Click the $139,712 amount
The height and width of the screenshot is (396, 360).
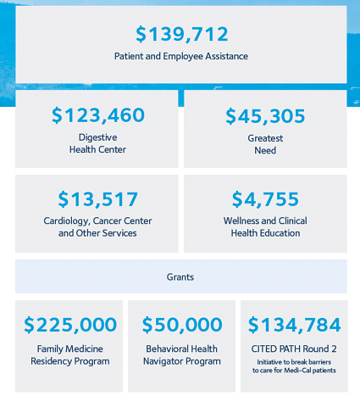point(182,35)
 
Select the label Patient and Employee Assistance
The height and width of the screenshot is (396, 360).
point(181,56)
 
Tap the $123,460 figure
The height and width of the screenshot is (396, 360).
point(98,115)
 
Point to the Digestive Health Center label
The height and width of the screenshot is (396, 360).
point(97,143)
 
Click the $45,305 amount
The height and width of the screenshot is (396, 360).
point(265,116)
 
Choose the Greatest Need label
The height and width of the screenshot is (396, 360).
point(265,144)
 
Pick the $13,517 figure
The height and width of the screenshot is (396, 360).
point(97,199)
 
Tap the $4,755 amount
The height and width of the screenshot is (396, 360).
point(265,199)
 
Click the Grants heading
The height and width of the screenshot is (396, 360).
point(180,277)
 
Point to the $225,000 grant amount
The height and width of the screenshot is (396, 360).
point(70,325)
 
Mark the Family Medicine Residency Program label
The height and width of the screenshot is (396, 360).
point(70,355)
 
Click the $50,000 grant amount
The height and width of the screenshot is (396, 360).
point(182,325)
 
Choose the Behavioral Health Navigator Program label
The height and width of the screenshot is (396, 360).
point(182,355)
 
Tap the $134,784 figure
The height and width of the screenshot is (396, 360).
point(294,325)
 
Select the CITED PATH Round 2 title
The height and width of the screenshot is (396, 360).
point(294,349)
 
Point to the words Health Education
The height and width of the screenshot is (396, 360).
point(265,233)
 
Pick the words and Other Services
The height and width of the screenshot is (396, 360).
point(97,233)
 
